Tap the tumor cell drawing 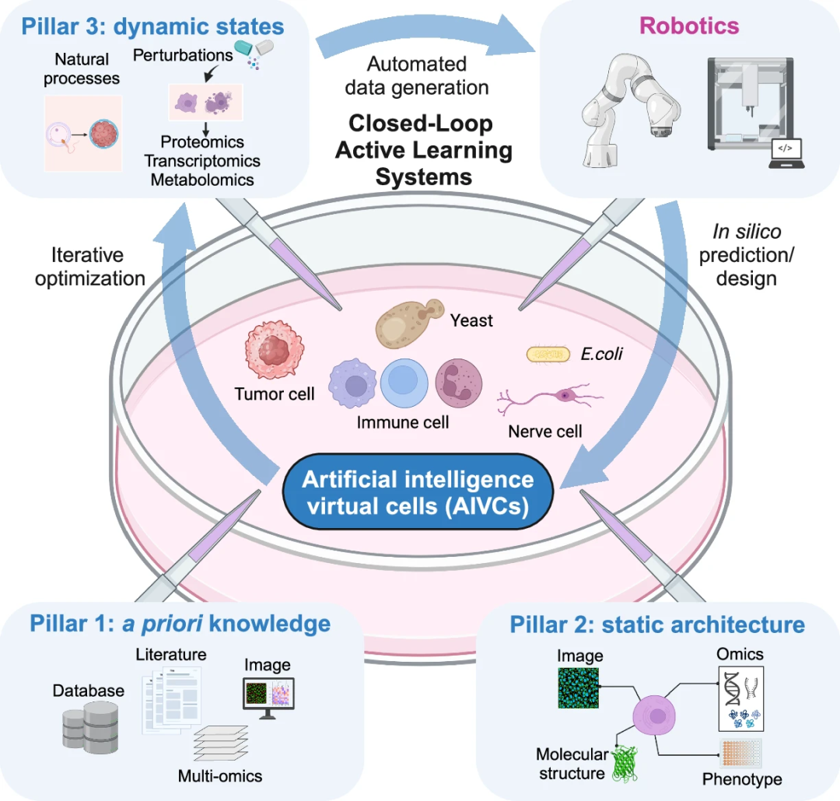271,352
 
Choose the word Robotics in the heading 689,26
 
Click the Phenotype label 742,779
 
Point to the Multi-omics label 220,775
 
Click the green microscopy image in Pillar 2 578,686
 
